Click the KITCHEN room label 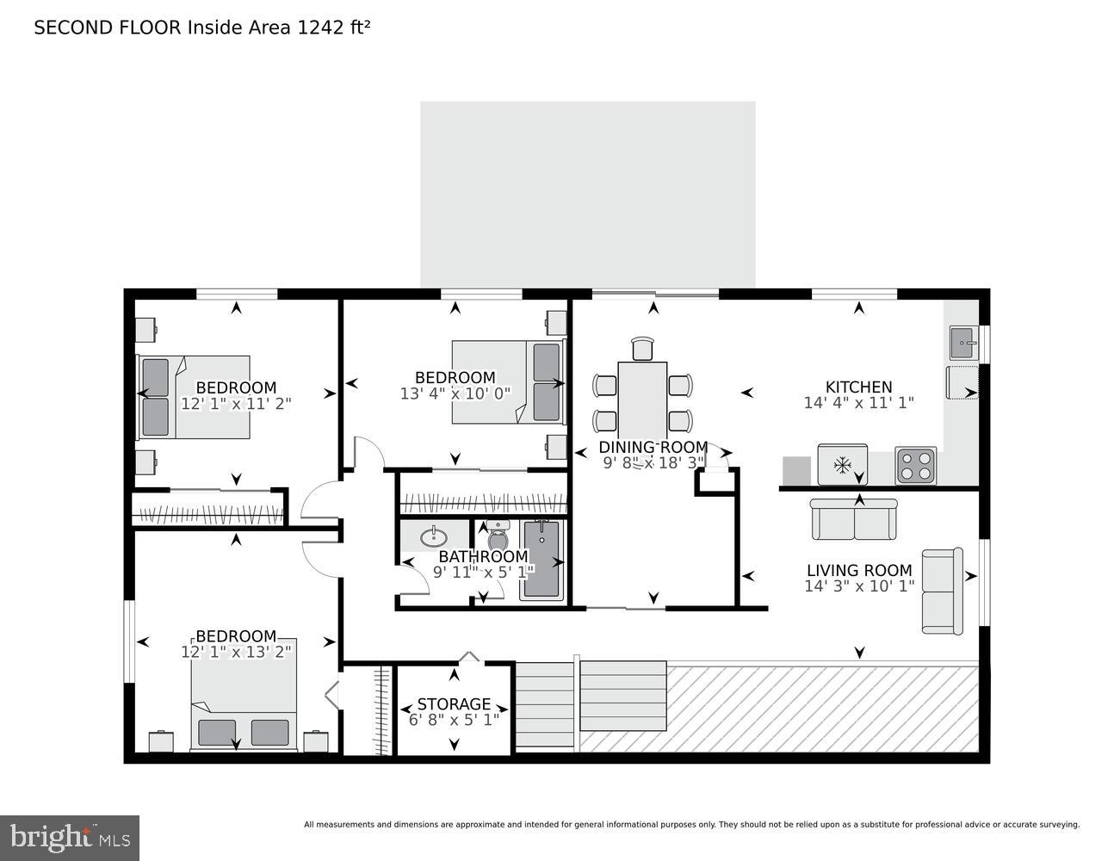[858, 387]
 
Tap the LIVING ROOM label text [858, 570]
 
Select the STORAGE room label [454, 704]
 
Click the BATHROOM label [483, 556]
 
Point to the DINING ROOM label [653, 447]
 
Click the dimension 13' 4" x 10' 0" [455, 393]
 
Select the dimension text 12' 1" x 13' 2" [236, 652]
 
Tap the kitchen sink [963, 343]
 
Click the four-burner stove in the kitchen [915, 466]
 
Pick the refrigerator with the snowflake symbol [842, 466]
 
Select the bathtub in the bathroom [542, 560]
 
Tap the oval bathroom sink [433, 537]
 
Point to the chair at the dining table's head [642, 348]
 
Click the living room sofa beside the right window [942, 591]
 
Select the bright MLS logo [70, 837]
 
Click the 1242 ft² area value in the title [333, 28]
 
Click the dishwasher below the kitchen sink [962, 383]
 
